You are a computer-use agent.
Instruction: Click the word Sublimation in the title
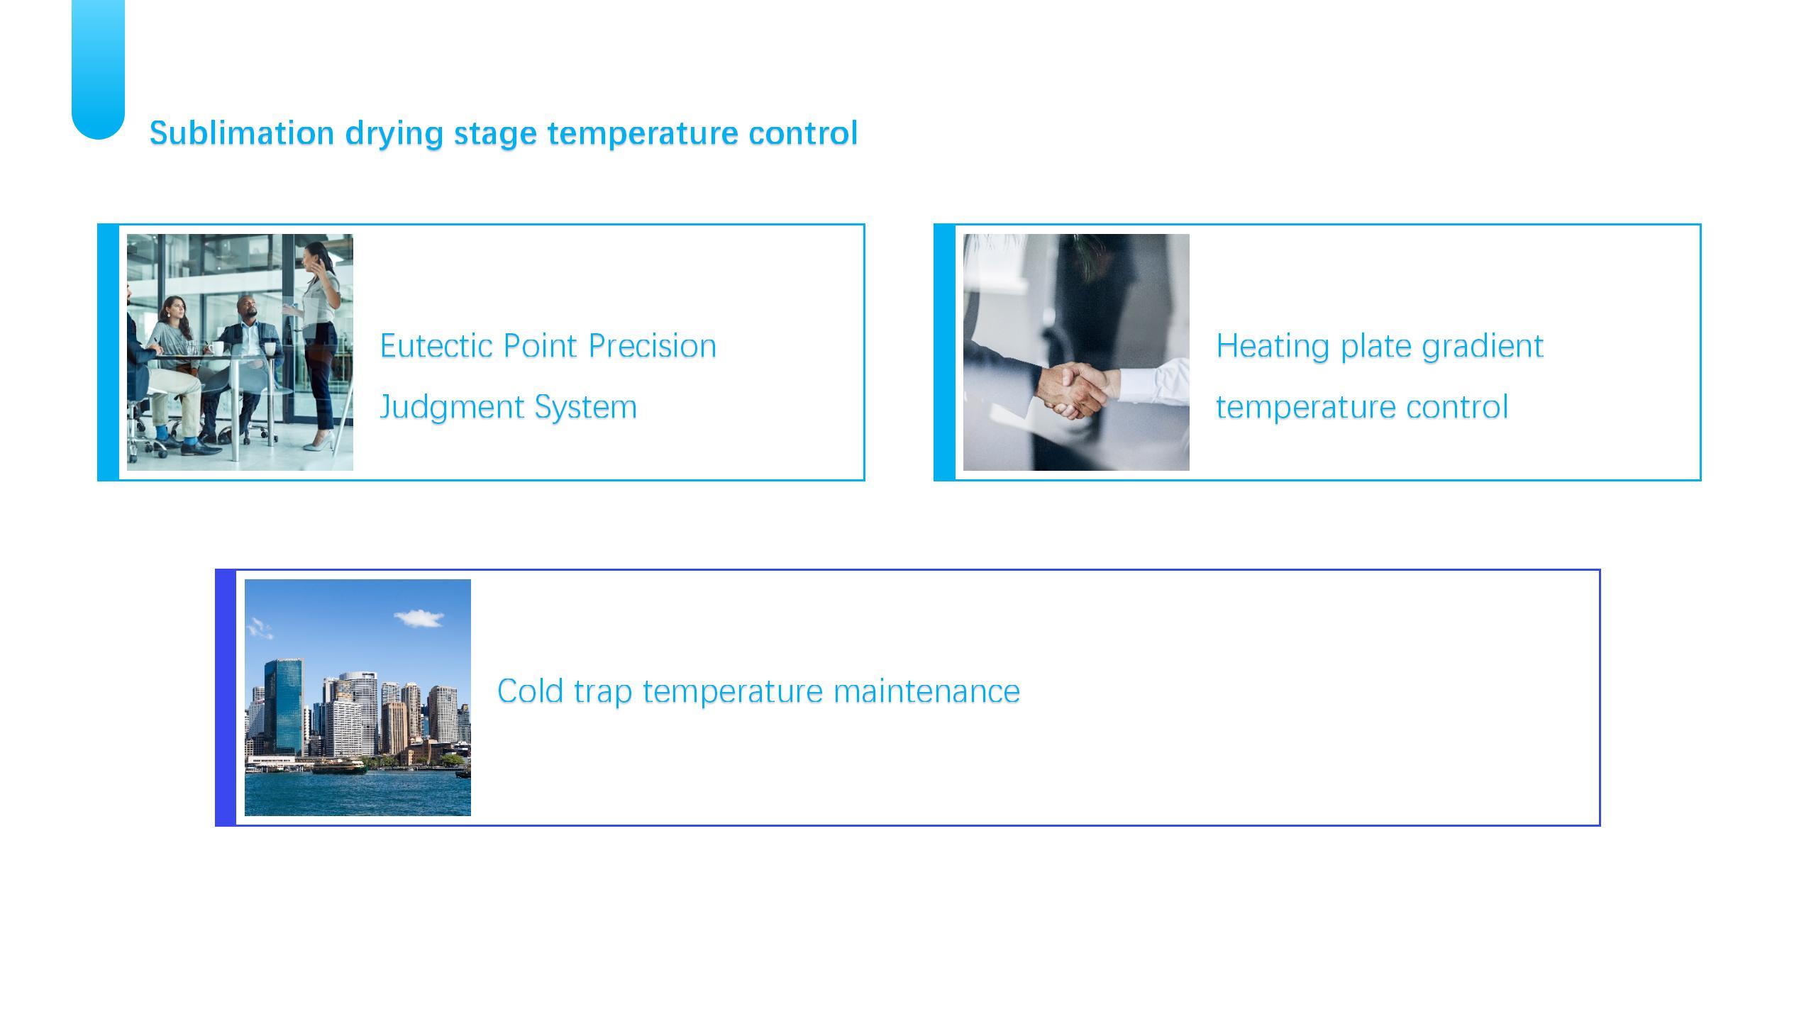[242, 133]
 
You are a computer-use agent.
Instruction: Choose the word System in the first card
[585, 408]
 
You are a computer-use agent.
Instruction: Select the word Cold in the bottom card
[531, 691]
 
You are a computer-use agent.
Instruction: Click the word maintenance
[926, 691]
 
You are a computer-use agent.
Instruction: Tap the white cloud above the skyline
[419, 618]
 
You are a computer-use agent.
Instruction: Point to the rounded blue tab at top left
[99, 69]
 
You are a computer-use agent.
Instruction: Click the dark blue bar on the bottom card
[226, 698]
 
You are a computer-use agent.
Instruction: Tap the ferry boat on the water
[339, 766]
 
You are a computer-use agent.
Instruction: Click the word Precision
[653, 346]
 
